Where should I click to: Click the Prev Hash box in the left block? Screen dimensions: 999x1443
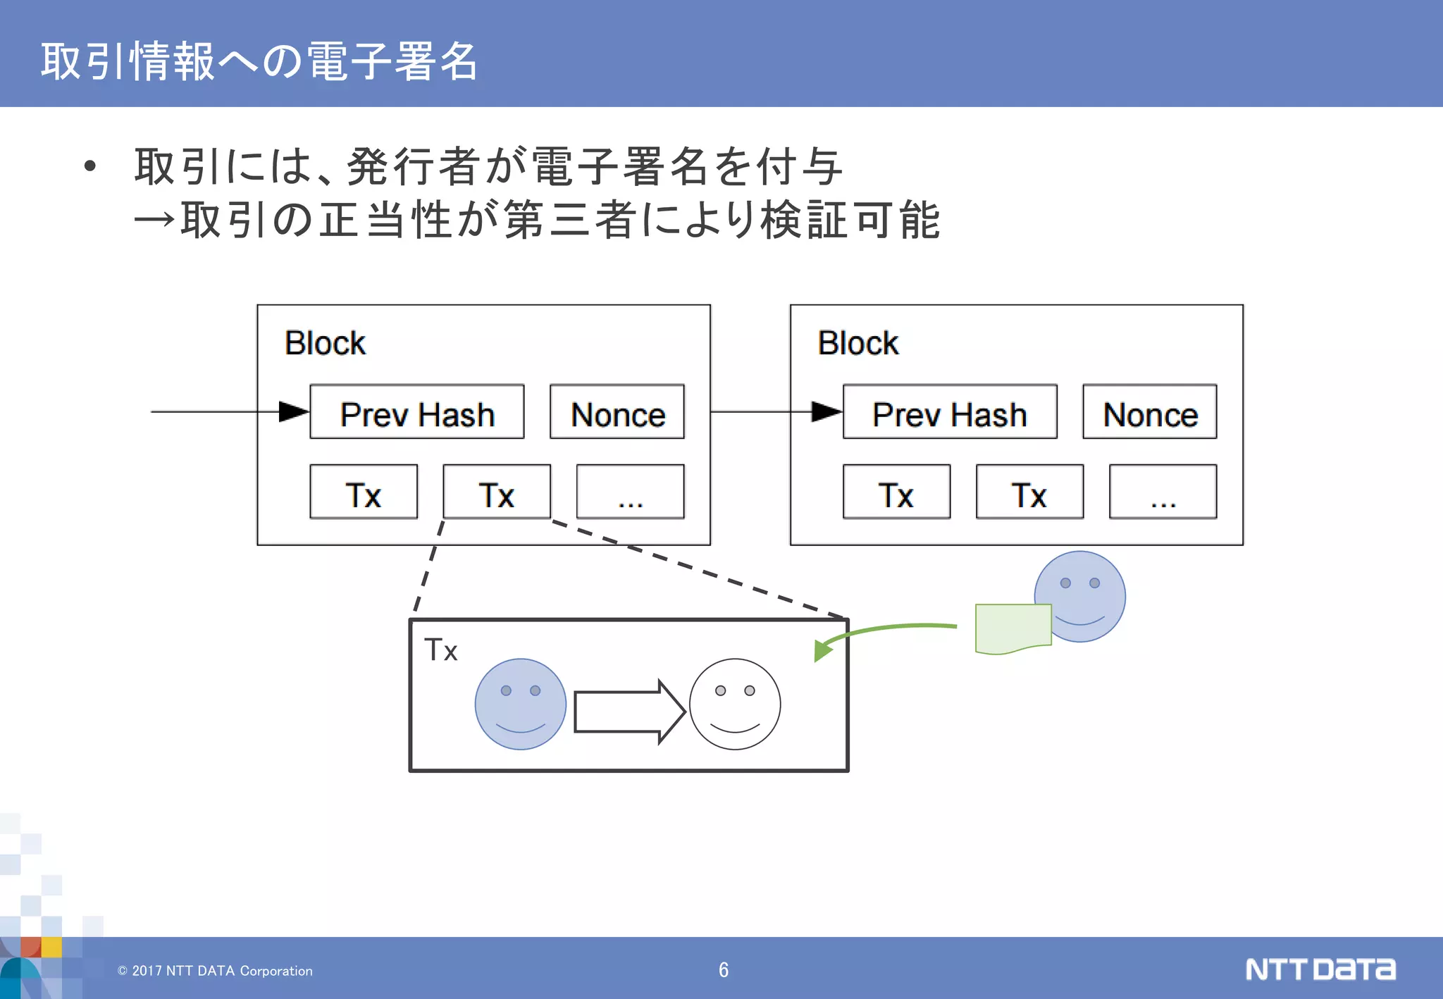[x=416, y=412]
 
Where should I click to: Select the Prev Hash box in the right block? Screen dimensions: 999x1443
[x=949, y=412]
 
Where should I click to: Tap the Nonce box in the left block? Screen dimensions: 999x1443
[x=617, y=412]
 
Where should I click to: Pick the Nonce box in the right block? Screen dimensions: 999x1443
[x=1149, y=412]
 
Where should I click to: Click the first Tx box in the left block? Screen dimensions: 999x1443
[x=364, y=492]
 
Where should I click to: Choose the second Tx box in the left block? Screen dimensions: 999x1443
[x=497, y=492]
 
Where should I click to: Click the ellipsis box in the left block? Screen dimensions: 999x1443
[x=630, y=492]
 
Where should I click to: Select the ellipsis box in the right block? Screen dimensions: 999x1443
[x=1163, y=492]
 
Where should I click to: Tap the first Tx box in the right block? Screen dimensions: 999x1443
[x=896, y=492]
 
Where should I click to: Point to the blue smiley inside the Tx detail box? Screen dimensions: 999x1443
[x=520, y=704]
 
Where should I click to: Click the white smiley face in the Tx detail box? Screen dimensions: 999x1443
[x=735, y=704]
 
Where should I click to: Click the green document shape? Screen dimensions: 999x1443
[x=1012, y=628]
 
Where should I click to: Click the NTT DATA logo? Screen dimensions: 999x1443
[x=1320, y=969]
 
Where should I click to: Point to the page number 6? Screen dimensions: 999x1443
[x=724, y=970]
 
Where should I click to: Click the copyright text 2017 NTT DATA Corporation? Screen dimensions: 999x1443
[x=215, y=971]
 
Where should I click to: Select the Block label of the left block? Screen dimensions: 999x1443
[x=325, y=343]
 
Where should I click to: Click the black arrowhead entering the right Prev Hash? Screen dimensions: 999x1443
[x=826, y=411]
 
